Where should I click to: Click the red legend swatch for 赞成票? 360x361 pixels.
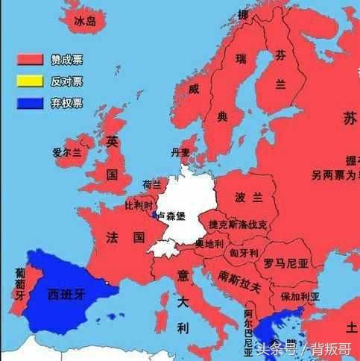click(31, 59)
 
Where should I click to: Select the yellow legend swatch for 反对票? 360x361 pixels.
click(31, 81)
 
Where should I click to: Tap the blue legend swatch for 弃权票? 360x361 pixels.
click(31, 103)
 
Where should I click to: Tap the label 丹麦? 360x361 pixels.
click(180, 152)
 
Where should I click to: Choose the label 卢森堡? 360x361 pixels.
click(171, 215)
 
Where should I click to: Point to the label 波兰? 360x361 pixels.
click(250, 198)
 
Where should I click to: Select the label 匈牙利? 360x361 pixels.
click(244, 254)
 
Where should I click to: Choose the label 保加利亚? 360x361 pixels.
click(300, 296)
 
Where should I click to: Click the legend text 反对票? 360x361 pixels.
click(67, 81)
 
